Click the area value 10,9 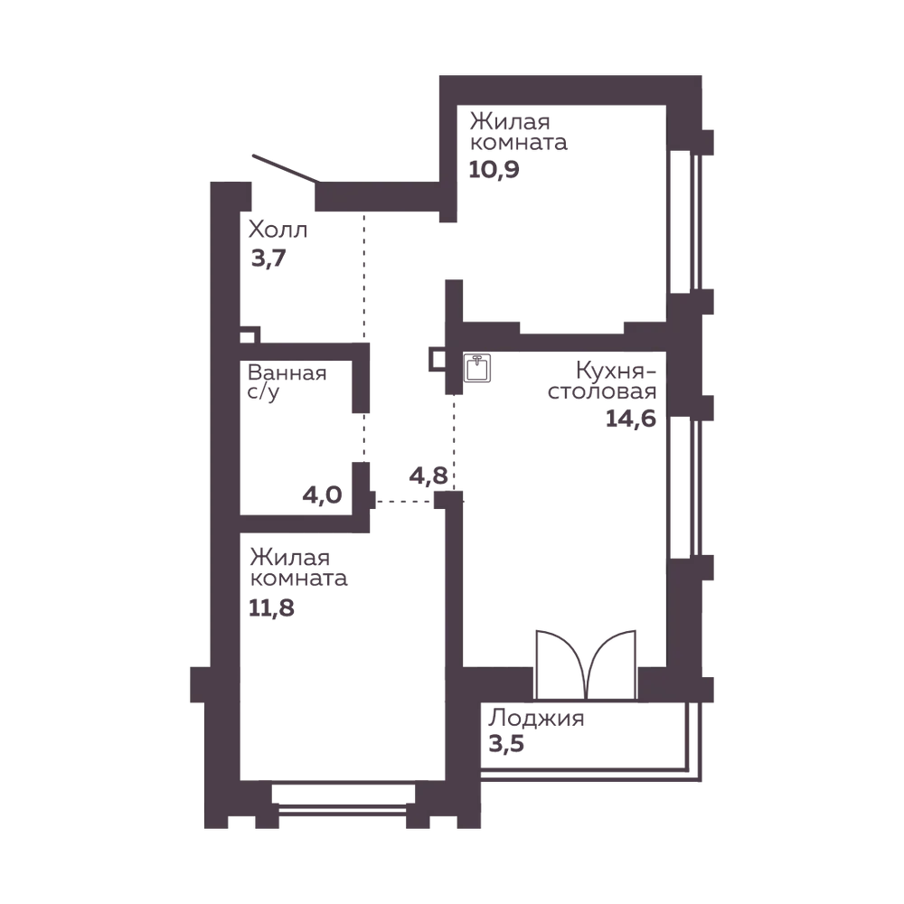click(x=494, y=170)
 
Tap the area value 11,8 click(x=271, y=607)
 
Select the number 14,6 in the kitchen click(x=631, y=419)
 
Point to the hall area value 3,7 click(x=268, y=259)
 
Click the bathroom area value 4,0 click(x=323, y=495)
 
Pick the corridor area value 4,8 click(x=428, y=476)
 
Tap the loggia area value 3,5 click(x=506, y=744)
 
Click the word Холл click(x=278, y=230)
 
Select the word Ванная click(x=287, y=372)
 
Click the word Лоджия click(x=536, y=719)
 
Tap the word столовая click(x=602, y=391)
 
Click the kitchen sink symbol click(x=477, y=368)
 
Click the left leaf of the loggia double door click(x=561, y=664)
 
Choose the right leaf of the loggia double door click(x=611, y=664)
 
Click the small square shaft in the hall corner click(x=250, y=335)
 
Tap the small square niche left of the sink click(x=437, y=359)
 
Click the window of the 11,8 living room click(x=343, y=801)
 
